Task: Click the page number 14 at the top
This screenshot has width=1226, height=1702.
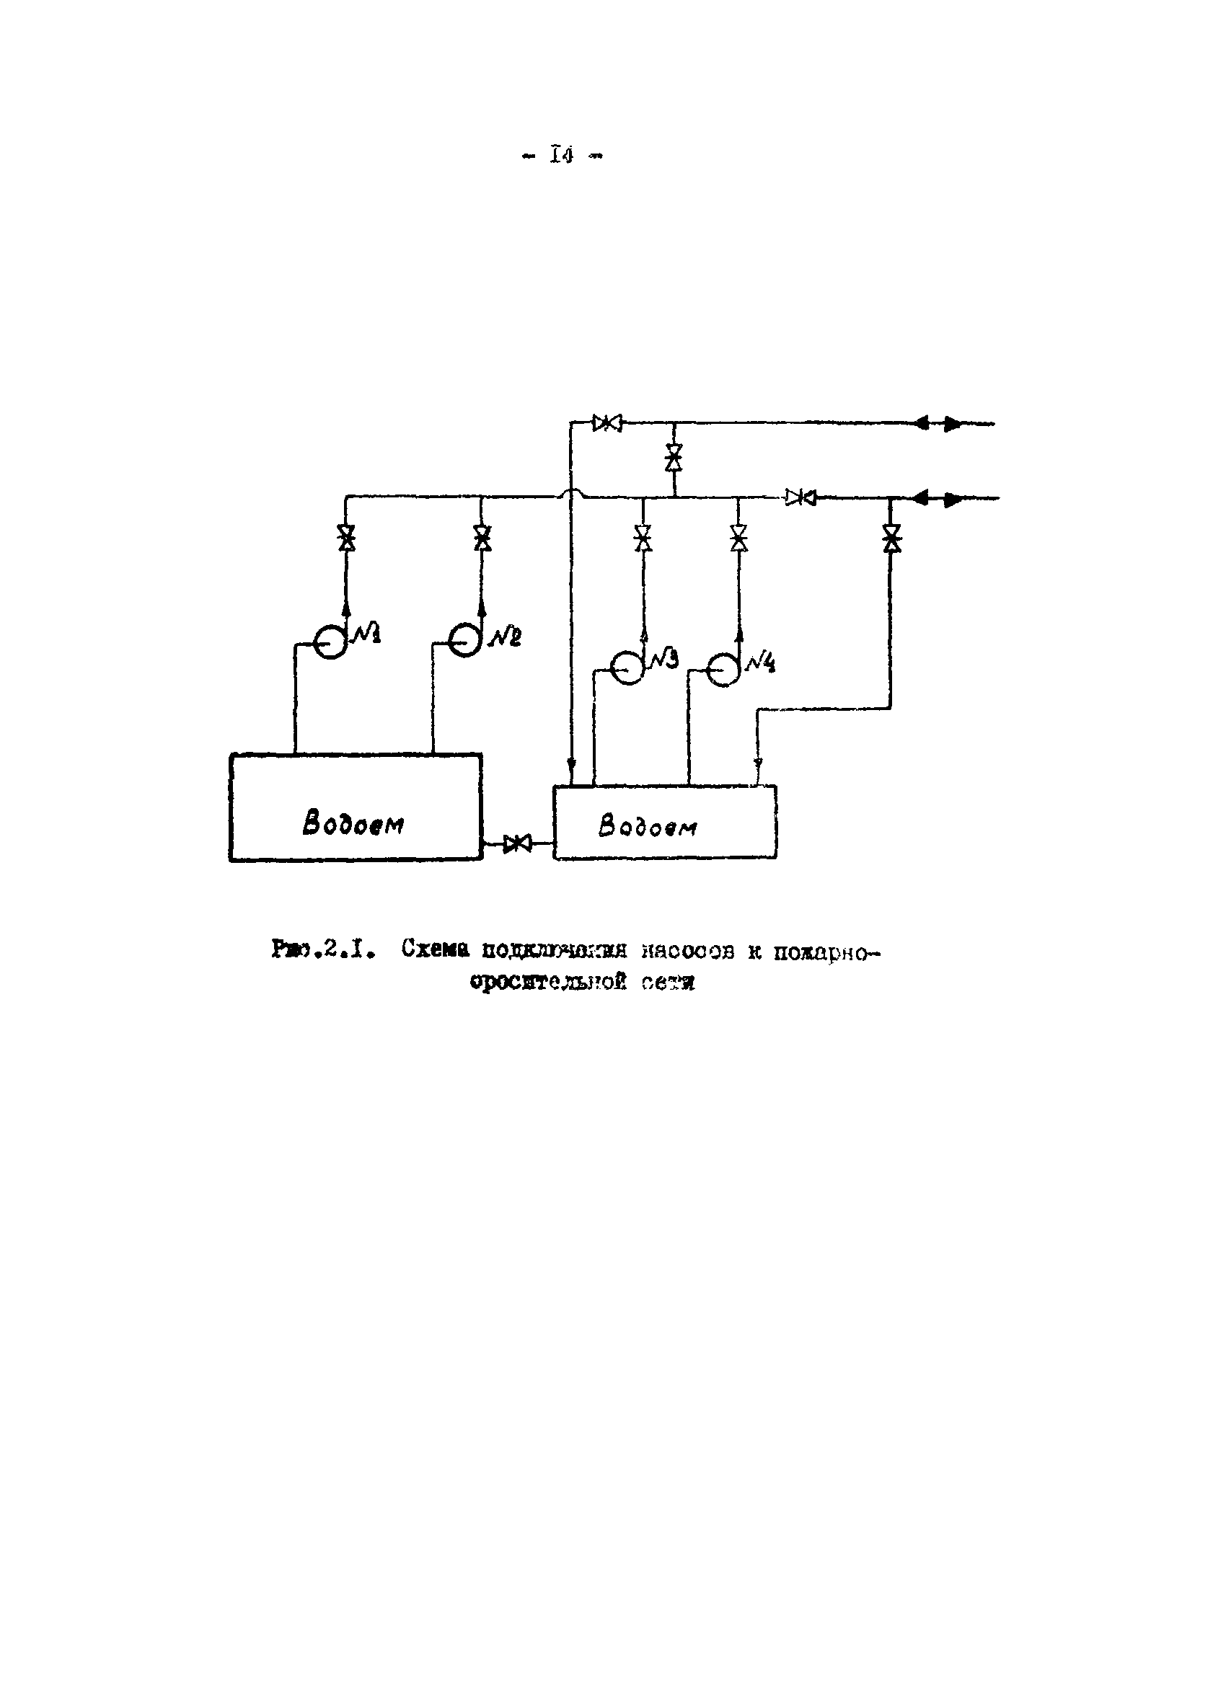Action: tap(562, 156)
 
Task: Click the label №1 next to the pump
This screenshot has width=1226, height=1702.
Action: tap(367, 634)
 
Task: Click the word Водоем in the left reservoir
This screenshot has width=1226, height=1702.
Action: tap(353, 823)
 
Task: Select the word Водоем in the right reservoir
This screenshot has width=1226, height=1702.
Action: tap(647, 826)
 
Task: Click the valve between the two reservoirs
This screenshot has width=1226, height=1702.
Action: tap(517, 843)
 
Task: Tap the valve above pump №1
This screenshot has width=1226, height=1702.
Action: tap(346, 538)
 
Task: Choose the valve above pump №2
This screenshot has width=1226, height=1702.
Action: tap(482, 537)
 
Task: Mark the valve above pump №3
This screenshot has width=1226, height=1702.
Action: tap(643, 537)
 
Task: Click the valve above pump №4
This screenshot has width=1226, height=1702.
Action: tap(738, 537)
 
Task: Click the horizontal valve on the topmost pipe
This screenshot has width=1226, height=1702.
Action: tap(607, 423)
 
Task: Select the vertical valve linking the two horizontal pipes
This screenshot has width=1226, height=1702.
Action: tap(674, 456)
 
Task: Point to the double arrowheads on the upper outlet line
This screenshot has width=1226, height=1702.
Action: tap(938, 423)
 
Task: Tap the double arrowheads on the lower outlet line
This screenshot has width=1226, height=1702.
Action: tap(938, 497)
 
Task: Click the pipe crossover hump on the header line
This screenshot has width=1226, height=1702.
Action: tap(572, 493)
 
